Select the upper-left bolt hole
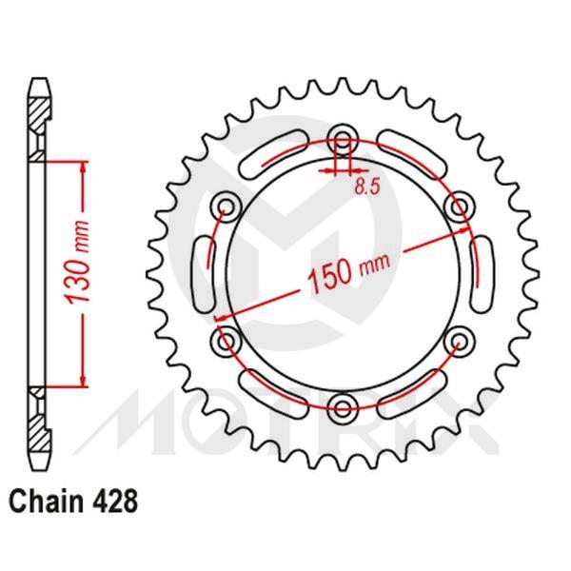pyautogui.click(x=226, y=207)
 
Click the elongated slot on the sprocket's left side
pyautogui.click(x=203, y=275)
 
